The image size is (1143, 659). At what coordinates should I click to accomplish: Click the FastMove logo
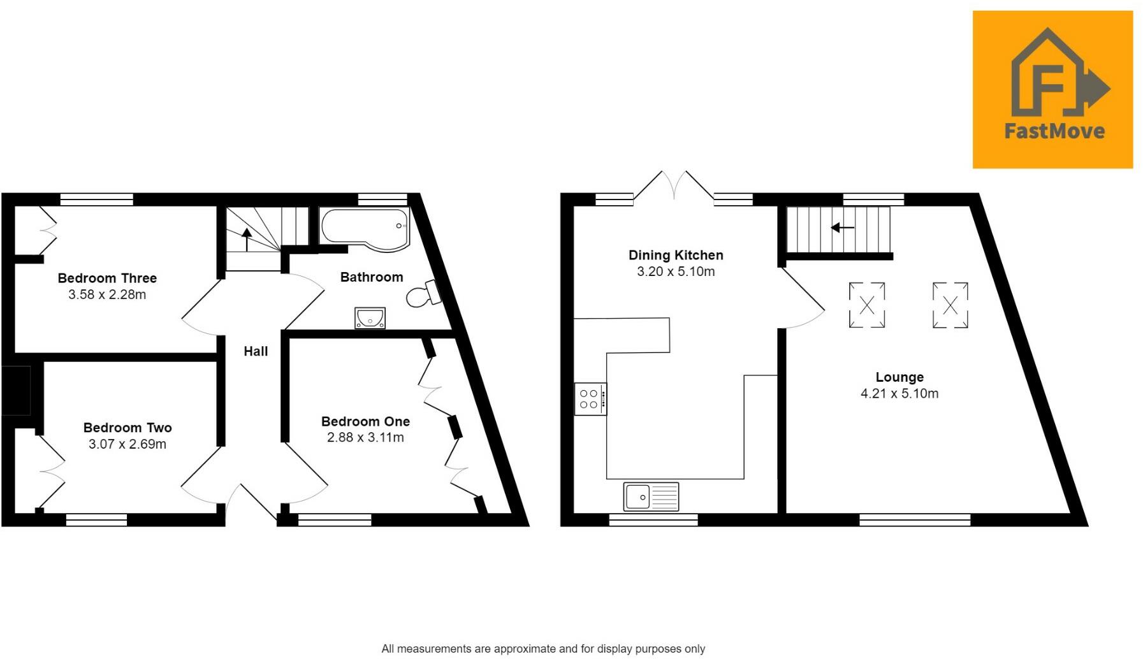1052,89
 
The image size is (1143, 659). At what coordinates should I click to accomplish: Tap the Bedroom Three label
107,278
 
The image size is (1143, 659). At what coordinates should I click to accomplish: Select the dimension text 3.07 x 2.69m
127,444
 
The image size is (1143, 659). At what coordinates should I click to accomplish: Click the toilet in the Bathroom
423,294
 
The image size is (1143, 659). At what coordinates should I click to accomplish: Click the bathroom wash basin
370,317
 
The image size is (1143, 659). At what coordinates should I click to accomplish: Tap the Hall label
256,351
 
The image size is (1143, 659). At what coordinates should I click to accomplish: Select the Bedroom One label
365,421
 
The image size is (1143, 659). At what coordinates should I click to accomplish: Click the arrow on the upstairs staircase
247,240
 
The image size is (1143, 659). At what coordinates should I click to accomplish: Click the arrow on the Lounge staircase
842,228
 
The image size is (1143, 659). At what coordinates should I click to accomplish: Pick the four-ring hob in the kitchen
590,399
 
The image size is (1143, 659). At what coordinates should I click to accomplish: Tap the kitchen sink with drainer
651,496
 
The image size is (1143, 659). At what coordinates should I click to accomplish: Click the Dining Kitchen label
676,255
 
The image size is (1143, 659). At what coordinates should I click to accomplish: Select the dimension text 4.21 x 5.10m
899,394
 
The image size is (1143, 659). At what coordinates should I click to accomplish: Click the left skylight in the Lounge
867,305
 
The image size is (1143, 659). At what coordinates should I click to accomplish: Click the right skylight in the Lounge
950,305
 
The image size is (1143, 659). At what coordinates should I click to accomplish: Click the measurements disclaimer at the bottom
543,649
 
